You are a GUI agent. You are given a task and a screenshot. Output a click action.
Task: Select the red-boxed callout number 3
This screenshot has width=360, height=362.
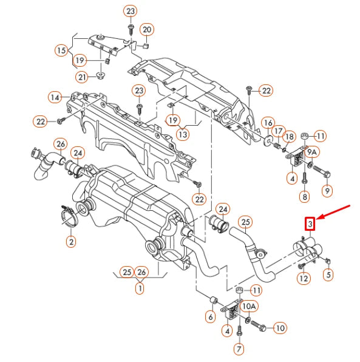click(x=310, y=225)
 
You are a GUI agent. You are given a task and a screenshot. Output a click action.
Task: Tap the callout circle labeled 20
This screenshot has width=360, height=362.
click(x=147, y=29)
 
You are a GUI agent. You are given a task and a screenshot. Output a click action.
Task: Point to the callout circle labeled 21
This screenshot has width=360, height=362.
click(x=83, y=76)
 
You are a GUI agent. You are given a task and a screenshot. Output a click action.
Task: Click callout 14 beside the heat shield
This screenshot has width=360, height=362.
click(x=56, y=97)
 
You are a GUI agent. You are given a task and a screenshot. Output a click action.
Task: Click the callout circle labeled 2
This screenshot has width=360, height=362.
click(x=71, y=242)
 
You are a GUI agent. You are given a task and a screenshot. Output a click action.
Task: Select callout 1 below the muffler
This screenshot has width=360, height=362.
click(x=140, y=289)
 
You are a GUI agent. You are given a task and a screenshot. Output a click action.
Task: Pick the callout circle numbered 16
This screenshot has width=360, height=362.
click(x=267, y=124)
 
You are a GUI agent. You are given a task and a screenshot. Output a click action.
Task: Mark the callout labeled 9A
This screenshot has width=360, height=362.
click(x=312, y=151)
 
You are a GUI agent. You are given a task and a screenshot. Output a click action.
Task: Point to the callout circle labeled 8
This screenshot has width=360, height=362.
click(x=305, y=196)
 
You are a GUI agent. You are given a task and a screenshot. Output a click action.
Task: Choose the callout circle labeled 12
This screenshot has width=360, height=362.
click(x=304, y=278)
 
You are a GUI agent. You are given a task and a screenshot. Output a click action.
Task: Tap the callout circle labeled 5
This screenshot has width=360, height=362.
click(x=328, y=275)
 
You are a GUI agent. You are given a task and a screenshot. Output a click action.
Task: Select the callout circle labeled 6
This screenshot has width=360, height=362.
click(x=210, y=316)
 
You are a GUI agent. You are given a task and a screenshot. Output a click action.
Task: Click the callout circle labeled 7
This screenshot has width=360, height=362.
click(x=239, y=349)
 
